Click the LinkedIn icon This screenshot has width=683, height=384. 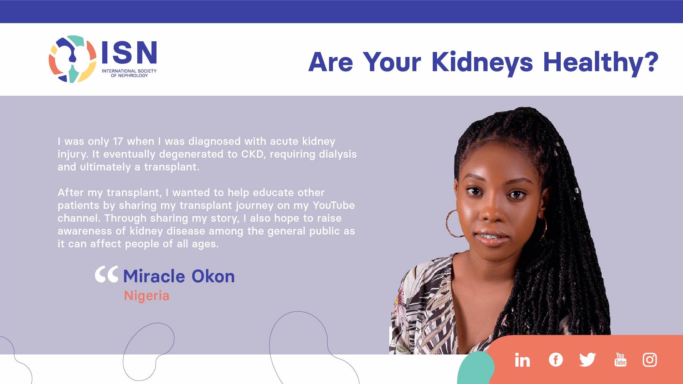(x=522, y=360)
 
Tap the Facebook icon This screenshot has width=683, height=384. (x=556, y=359)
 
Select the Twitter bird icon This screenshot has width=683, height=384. (x=587, y=359)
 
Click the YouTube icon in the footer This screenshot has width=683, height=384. (x=620, y=359)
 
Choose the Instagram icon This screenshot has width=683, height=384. (x=650, y=359)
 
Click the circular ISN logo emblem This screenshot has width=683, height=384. (x=72, y=59)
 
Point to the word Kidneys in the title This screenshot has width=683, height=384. (x=482, y=63)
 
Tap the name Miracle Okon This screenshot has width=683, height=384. (x=179, y=276)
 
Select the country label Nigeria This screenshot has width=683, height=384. (x=147, y=296)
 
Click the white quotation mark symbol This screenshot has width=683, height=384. (x=106, y=274)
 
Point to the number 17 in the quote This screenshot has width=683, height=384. (x=118, y=141)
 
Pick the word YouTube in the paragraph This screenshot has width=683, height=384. (x=334, y=205)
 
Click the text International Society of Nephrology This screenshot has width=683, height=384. (x=129, y=73)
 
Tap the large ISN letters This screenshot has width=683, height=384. (x=129, y=52)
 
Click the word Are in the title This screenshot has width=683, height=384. (x=331, y=62)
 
